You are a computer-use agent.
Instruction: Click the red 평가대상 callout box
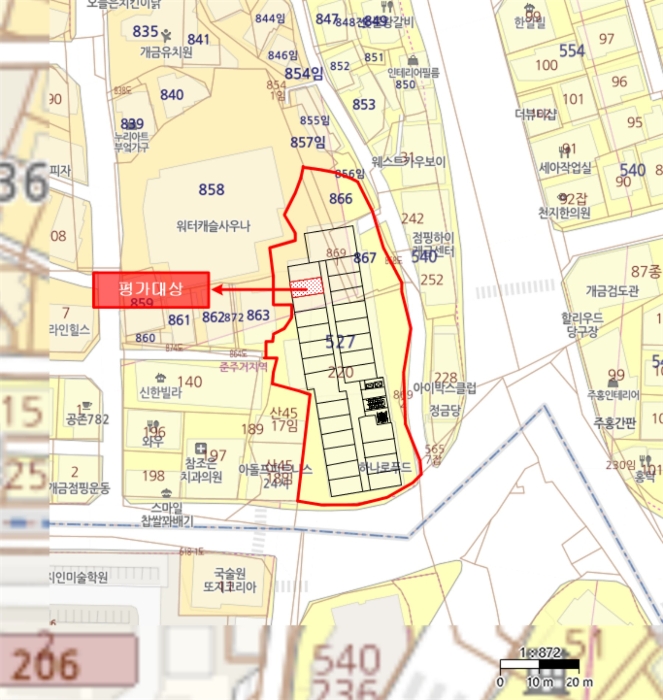tap(150, 290)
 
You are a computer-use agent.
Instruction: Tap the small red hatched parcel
tap(306, 288)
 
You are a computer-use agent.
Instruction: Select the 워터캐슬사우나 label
tap(211, 225)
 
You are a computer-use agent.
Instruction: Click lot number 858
tap(211, 190)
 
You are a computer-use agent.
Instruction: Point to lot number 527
tap(341, 342)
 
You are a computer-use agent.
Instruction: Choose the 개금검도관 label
tap(614, 291)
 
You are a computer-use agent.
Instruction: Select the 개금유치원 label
tap(166, 52)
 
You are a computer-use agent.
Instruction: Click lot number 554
tap(572, 51)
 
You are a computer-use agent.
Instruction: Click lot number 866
tap(341, 199)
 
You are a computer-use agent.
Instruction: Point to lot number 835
tap(146, 31)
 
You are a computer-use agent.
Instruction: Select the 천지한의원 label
tap(564, 212)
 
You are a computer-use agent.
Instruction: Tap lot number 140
tap(189, 381)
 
